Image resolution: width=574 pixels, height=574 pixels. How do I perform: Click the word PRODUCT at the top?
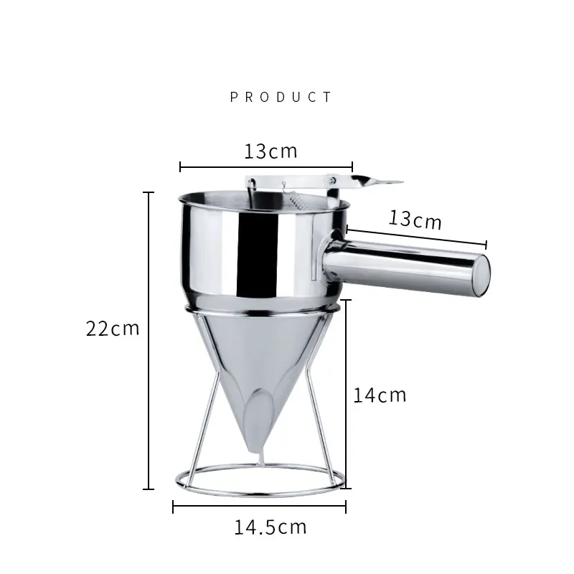[281, 98]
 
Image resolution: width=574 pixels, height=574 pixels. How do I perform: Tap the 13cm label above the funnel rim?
[270, 151]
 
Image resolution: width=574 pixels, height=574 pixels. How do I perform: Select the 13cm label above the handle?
[415, 219]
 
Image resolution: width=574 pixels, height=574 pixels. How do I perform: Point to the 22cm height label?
[113, 329]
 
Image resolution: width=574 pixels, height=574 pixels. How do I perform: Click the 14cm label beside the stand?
[380, 394]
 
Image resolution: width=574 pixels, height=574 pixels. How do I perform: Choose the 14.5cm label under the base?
[270, 527]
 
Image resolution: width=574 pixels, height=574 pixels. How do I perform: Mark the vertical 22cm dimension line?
[149, 341]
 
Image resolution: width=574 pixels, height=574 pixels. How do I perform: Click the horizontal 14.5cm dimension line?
[259, 507]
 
